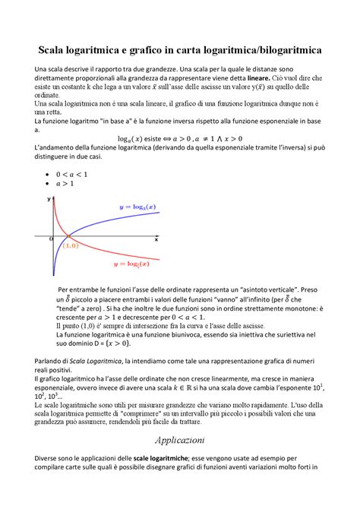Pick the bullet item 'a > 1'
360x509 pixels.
click(x=67, y=184)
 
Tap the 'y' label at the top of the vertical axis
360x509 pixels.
click(x=49, y=198)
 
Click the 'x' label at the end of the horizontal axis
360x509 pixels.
click(x=156, y=239)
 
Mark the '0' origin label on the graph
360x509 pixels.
click(x=52, y=239)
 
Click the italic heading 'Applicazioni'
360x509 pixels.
click(x=179, y=440)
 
